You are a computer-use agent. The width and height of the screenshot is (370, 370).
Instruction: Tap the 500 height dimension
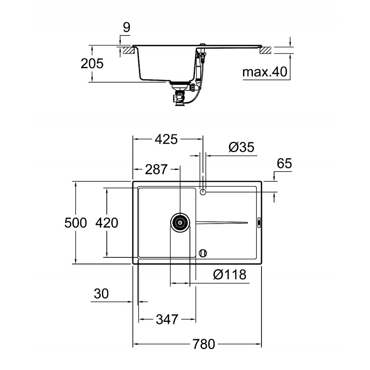click(76, 223)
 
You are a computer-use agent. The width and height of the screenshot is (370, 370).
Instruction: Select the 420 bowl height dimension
click(106, 223)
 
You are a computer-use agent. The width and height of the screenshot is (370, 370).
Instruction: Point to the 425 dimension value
click(166, 139)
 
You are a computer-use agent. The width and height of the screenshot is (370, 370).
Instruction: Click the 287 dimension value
click(156, 169)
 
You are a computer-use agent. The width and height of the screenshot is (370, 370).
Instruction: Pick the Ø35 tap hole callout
click(241, 147)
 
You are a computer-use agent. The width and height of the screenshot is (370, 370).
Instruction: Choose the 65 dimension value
click(284, 163)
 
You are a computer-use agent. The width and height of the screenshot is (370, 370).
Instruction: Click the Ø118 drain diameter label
click(229, 275)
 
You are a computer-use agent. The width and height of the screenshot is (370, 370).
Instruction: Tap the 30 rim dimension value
click(101, 294)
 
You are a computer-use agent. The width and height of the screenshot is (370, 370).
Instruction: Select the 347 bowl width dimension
click(167, 319)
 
